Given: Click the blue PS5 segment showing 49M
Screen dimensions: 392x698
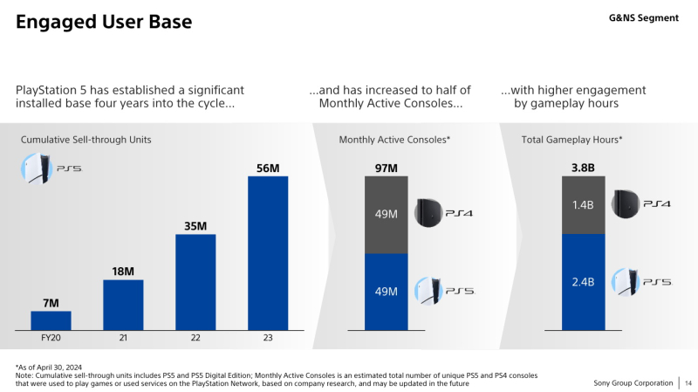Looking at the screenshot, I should pyautogui.click(x=386, y=292).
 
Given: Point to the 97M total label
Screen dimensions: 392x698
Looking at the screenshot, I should pyautogui.click(x=386, y=168).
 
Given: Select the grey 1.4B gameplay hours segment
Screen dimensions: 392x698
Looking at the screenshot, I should pyautogui.click(x=582, y=205).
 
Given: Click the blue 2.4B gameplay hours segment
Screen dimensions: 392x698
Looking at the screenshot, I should pyautogui.click(x=582, y=282).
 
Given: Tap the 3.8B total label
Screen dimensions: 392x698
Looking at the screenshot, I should pyautogui.click(x=582, y=168).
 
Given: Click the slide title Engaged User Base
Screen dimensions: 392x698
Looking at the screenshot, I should pyautogui.click(x=104, y=21).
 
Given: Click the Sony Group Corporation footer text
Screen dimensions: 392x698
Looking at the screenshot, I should pyautogui.click(x=633, y=383).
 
